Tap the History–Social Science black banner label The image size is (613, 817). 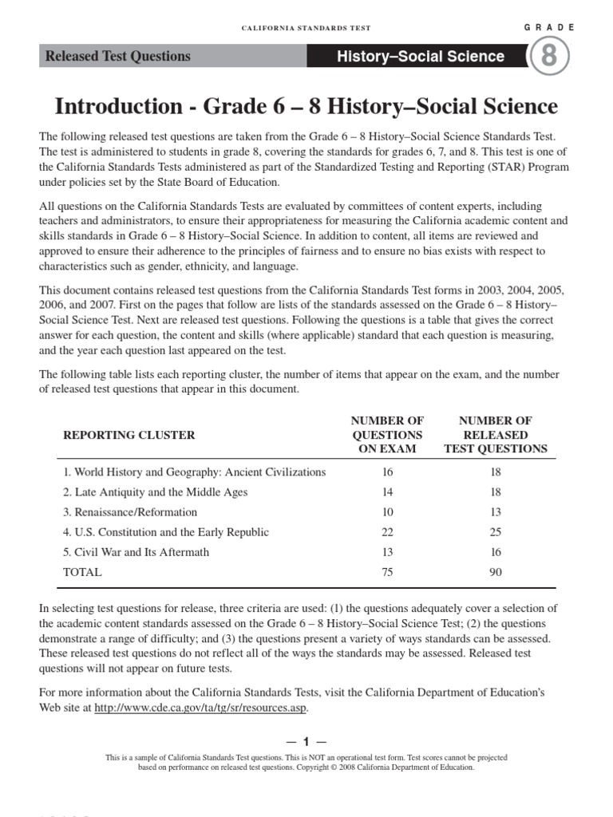click(x=421, y=57)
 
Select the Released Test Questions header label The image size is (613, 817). click(x=118, y=56)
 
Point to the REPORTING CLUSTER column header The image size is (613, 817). click(x=129, y=435)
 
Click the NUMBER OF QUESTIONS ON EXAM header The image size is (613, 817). click(x=387, y=435)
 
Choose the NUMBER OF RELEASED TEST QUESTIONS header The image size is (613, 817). click(x=496, y=435)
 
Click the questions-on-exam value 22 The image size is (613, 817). click(x=387, y=532)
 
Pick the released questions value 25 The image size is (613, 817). click(x=496, y=532)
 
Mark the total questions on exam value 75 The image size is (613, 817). click(x=387, y=572)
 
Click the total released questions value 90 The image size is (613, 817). click(x=496, y=572)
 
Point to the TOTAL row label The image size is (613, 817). click(x=83, y=572)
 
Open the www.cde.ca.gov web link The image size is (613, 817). click(x=200, y=708)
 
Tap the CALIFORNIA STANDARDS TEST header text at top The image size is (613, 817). click(x=306, y=28)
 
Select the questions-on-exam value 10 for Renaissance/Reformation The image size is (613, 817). click(x=387, y=512)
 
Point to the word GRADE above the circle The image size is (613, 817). click(x=549, y=27)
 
